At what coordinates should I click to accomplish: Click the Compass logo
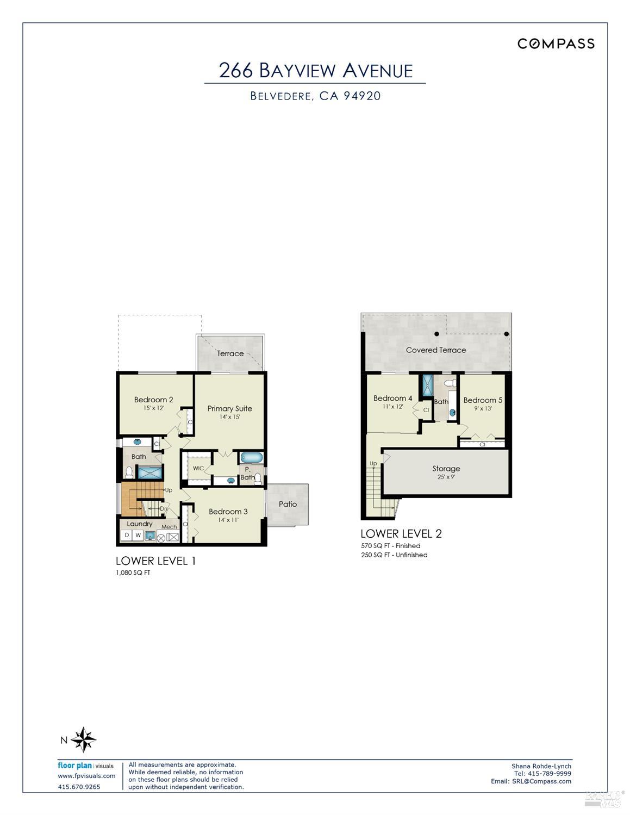[x=556, y=44]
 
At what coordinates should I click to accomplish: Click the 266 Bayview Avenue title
[x=315, y=71]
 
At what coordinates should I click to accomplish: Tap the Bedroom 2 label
[x=153, y=400]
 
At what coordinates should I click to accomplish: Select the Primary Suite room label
[x=229, y=408]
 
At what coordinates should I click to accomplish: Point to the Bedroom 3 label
[x=228, y=511]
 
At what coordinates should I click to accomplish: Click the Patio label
[x=288, y=504]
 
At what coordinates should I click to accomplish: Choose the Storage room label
[x=446, y=468]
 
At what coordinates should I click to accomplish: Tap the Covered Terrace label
[x=436, y=350]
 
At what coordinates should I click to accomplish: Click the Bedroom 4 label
[x=392, y=398]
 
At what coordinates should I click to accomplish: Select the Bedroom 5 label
[x=483, y=400]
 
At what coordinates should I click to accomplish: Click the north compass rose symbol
[x=84, y=739]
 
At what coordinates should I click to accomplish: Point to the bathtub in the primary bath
[x=251, y=457]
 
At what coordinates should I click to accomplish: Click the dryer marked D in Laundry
[x=127, y=536]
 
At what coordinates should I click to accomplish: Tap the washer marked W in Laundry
[x=139, y=536]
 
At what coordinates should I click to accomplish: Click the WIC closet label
[x=198, y=468]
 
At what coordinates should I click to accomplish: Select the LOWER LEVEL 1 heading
[x=155, y=561]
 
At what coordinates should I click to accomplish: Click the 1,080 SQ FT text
[x=133, y=573]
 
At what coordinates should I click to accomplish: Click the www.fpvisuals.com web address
[x=86, y=776]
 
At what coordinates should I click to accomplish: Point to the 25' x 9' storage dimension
[x=446, y=477]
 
